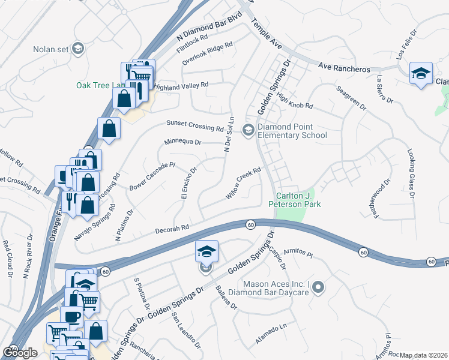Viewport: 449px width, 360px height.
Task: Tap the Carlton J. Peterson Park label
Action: pos(298,200)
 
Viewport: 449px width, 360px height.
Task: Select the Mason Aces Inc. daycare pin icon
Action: pos(318,288)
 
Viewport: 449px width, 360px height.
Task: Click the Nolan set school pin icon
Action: pos(78,49)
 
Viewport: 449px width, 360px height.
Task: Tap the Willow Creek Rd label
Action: pos(244,183)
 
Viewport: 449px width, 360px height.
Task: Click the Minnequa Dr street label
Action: pos(184,143)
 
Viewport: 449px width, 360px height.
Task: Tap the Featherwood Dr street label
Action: pos(382,199)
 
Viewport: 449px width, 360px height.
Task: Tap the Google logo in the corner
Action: pos(20,352)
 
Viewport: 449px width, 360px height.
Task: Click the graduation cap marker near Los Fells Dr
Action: pos(421,74)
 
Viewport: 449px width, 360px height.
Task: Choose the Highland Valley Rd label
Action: pos(181,86)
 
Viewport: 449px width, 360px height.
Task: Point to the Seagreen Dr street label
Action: pos(351,97)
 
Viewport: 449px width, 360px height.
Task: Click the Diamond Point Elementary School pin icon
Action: pos(247,130)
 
